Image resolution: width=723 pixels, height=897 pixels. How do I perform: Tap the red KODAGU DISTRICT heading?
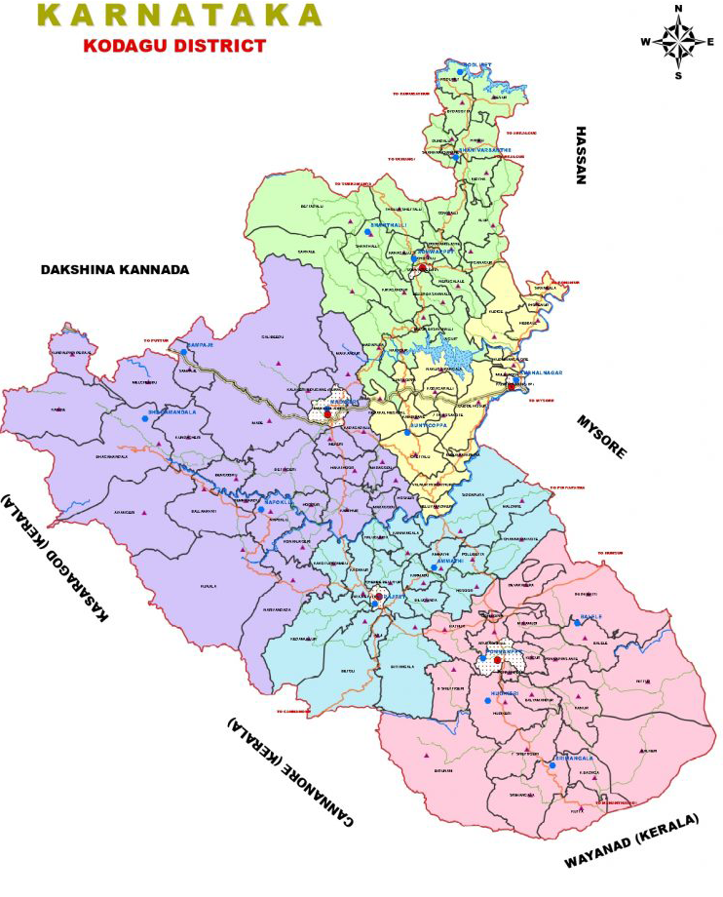click(174, 45)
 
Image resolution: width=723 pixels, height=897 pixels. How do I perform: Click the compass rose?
click(678, 42)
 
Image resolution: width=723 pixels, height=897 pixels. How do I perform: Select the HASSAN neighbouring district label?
click(582, 155)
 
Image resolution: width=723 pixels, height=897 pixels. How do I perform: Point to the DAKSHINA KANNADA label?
click(114, 269)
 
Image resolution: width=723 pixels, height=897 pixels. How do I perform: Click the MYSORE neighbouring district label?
click(603, 435)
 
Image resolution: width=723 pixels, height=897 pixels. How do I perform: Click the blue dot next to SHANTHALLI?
click(367, 232)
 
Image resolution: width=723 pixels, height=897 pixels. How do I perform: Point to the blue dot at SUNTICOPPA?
click(407, 432)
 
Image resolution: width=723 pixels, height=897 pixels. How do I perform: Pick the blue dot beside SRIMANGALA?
click(552, 765)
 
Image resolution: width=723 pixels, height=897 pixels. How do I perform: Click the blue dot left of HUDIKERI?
click(488, 700)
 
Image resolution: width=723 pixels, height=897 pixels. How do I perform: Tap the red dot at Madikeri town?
click(328, 414)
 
